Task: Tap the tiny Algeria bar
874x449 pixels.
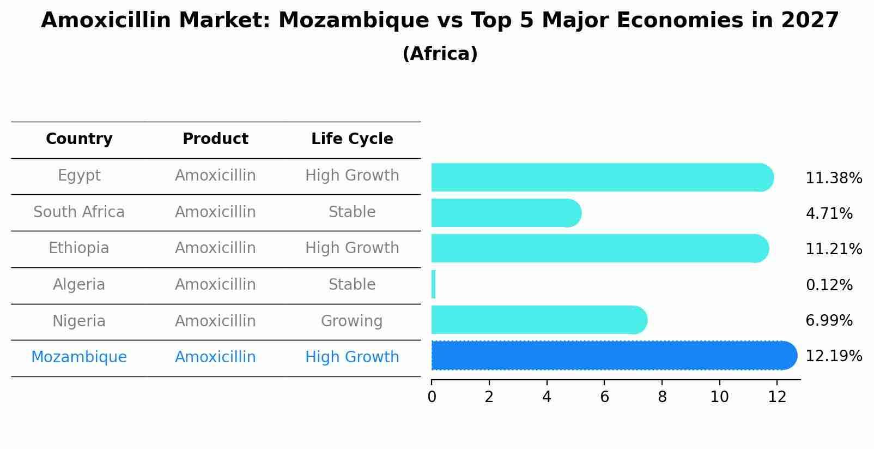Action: [433, 284]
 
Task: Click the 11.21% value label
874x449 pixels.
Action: [833, 249]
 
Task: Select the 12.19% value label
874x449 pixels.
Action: [833, 356]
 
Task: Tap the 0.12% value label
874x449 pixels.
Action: [829, 285]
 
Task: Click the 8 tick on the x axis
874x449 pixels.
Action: [662, 397]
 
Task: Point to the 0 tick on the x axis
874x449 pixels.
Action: [432, 397]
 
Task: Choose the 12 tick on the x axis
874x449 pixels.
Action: [777, 397]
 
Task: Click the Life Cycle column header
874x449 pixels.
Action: [352, 139]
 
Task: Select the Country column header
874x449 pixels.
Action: [79, 139]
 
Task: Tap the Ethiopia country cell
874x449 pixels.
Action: [79, 248]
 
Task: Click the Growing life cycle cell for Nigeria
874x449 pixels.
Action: [352, 321]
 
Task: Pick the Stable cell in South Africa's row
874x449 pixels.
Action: [352, 212]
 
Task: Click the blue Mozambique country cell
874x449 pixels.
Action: [79, 357]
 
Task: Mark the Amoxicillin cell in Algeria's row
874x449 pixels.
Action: [215, 285]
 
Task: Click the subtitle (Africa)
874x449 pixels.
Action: [440, 54]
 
